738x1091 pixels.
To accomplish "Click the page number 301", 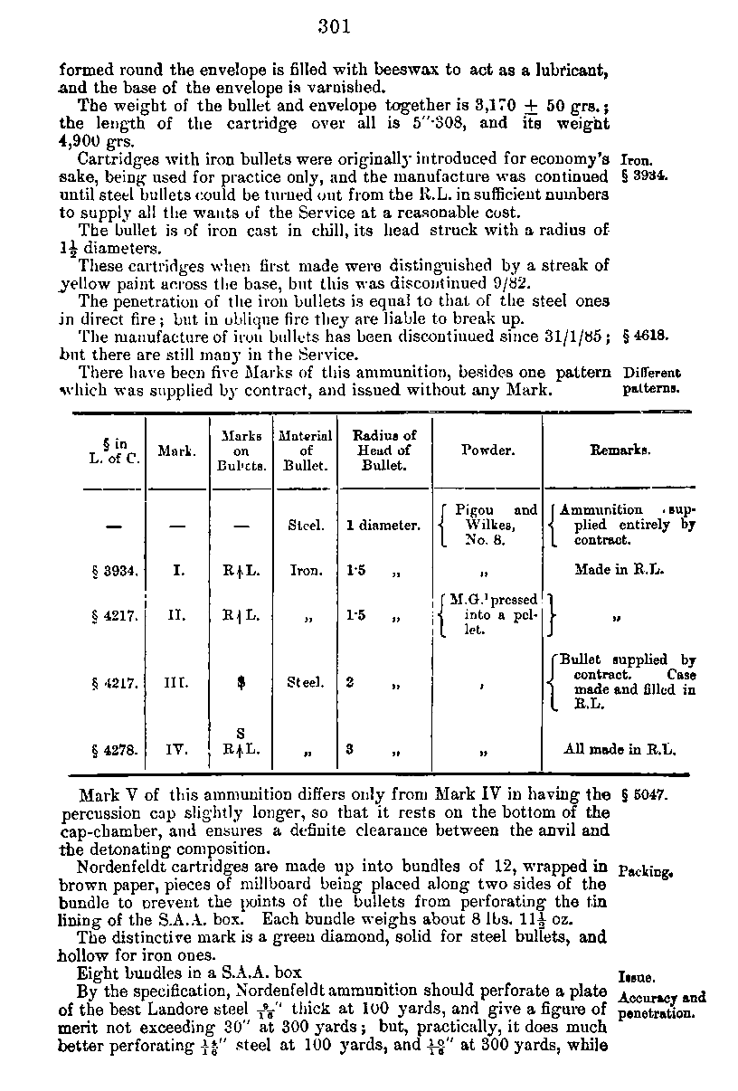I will tap(334, 26).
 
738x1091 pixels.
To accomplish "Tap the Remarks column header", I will tap(620, 450).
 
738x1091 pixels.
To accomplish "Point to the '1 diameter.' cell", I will tap(383, 525).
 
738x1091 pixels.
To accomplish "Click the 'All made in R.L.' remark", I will tap(620, 749).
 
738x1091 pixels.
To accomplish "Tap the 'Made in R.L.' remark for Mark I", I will tap(620, 571).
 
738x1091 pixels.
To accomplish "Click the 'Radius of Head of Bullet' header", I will tap(383, 450).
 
